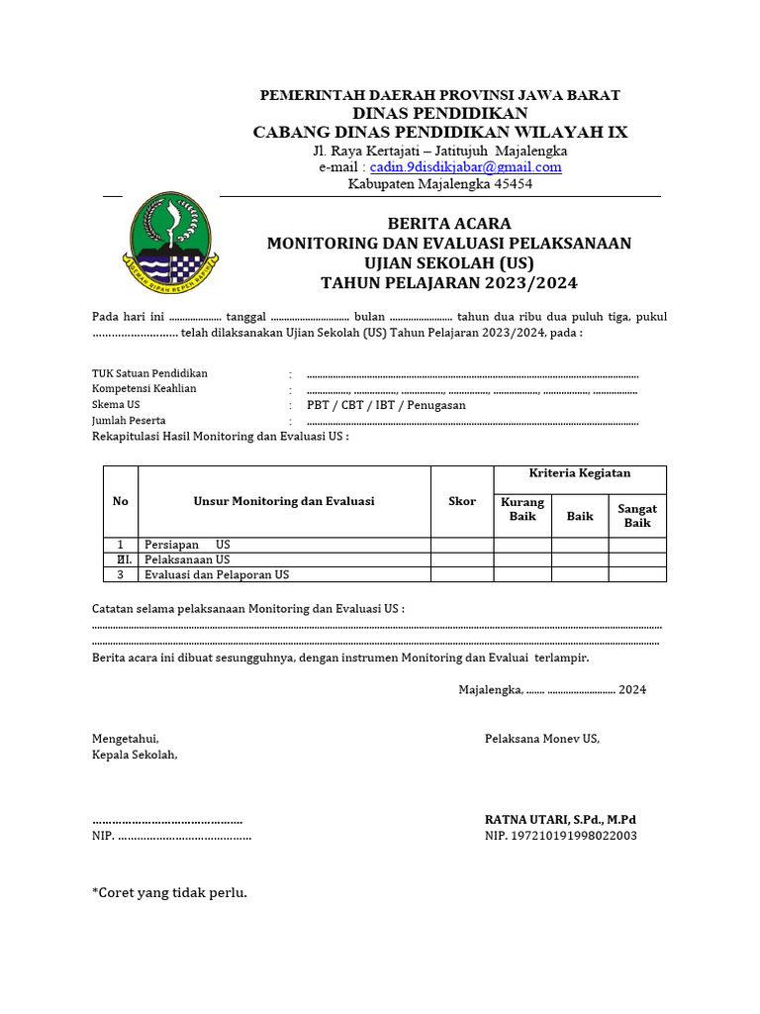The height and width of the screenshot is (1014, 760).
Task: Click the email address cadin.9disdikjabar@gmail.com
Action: coord(465,167)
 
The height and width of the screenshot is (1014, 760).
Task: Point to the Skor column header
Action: coord(462,501)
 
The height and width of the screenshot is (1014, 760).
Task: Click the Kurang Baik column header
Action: coord(522,509)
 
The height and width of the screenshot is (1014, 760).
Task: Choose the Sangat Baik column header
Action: coord(637,516)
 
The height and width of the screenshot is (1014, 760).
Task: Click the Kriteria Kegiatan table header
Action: coord(580,473)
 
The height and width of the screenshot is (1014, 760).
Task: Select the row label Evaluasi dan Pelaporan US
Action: coord(217,574)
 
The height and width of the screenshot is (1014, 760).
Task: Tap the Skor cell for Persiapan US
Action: coord(462,545)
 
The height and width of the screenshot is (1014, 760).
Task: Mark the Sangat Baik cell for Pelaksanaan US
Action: coord(637,559)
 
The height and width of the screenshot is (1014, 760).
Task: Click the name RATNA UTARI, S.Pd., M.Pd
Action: coord(560,820)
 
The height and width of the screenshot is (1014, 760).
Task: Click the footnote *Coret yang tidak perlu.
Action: coord(169,893)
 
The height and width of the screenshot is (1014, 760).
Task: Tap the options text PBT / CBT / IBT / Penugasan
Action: coord(386,405)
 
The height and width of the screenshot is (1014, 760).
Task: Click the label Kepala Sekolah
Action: coord(135,755)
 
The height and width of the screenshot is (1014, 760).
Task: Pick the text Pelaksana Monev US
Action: coord(541,739)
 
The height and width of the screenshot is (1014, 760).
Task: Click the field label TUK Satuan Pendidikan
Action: coord(149,373)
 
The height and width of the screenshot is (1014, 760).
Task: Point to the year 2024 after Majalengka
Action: coord(632,690)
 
